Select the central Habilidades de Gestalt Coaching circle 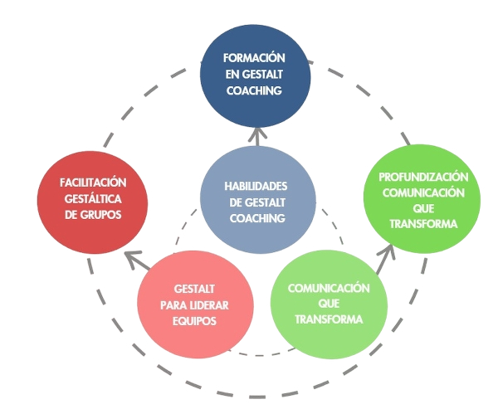(257, 200)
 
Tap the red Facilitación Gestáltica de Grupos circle (93, 197)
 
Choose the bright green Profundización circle (422, 200)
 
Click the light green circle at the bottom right (327, 304)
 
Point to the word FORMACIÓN (255, 59)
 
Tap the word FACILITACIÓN (93, 183)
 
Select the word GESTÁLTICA (93, 198)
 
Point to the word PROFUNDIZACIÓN (423, 177)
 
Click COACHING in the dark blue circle (255, 90)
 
